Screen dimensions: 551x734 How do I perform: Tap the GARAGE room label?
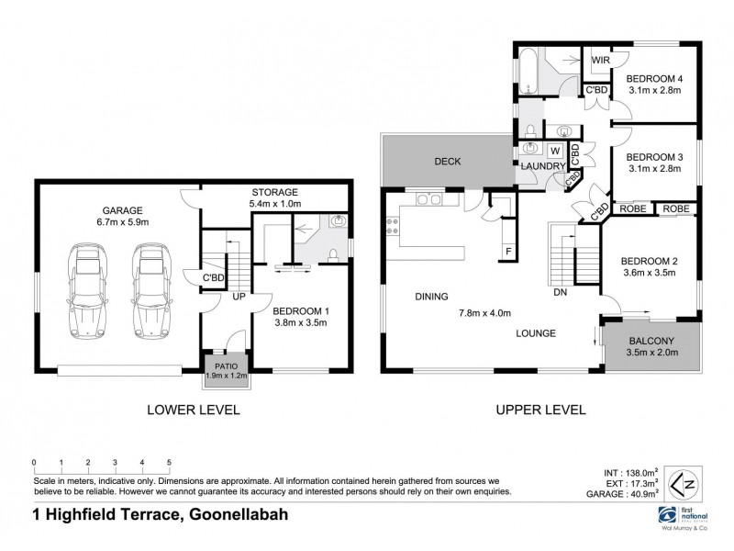(x=104, y=214)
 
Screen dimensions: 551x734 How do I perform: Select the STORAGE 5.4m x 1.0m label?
(x=274, y=197)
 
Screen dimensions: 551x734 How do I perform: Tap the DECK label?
(x=447, y=162)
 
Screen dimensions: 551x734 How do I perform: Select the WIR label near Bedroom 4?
(x=600, y=61)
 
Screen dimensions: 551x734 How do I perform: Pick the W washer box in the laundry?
(x=555, y=151)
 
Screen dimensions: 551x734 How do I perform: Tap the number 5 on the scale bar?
(x=170, y=462)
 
